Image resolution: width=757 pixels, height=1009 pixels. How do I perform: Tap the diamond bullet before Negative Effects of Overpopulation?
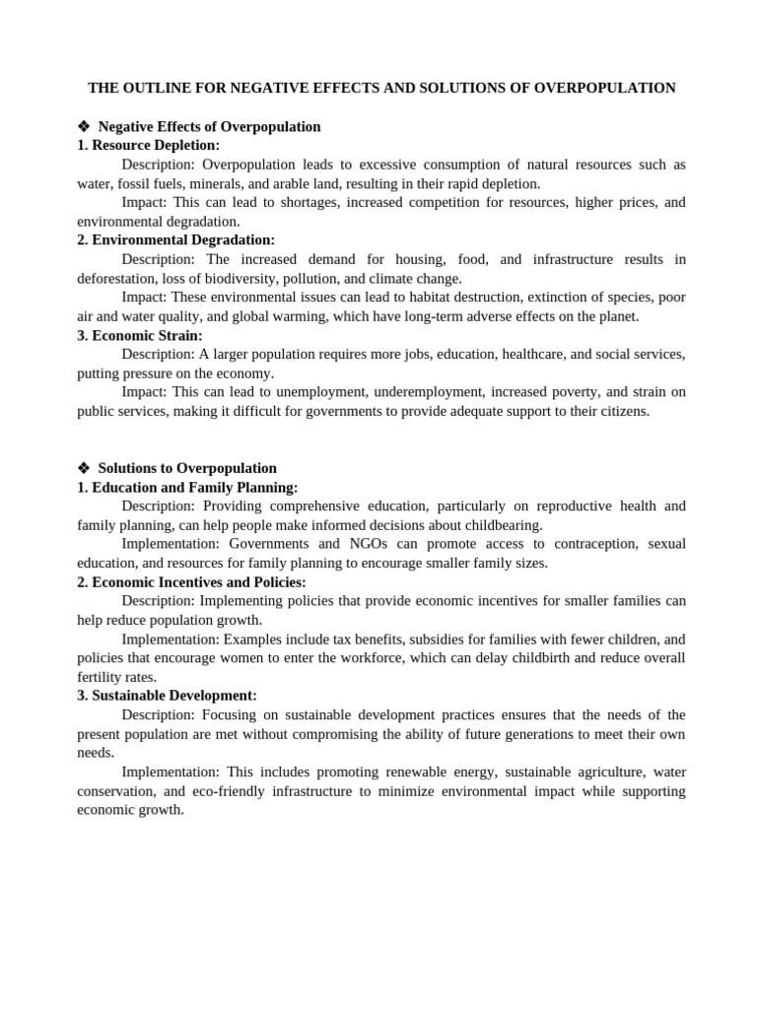coord(84,127)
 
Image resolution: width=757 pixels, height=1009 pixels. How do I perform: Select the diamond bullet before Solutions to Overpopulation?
coord(84,468)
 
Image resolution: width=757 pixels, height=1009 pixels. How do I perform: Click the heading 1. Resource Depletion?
coord(149,145)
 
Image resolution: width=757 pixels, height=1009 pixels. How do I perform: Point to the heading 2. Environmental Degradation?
coord(176,239)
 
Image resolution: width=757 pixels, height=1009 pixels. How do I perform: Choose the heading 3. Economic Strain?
coord(140,335)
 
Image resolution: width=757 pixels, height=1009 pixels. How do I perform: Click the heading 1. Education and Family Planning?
coord(187,487)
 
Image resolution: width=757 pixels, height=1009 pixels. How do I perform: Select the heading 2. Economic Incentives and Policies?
coord(192,581)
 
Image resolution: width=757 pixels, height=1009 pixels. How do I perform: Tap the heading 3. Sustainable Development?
coord(168,695)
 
